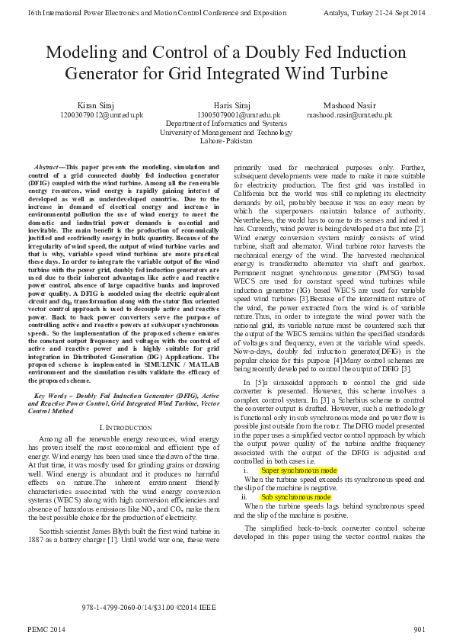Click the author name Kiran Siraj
pos(94,104)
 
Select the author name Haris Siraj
pos(226,104)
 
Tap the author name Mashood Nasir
pos(349,104)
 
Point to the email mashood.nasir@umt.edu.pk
pos(349,114)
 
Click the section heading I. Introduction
pos(126,425)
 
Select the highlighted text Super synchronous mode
pos(298,470)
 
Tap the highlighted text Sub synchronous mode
pos(295,496)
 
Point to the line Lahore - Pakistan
pos(225,141)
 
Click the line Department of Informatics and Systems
pos(226,123)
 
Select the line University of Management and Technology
pos(226,132)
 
